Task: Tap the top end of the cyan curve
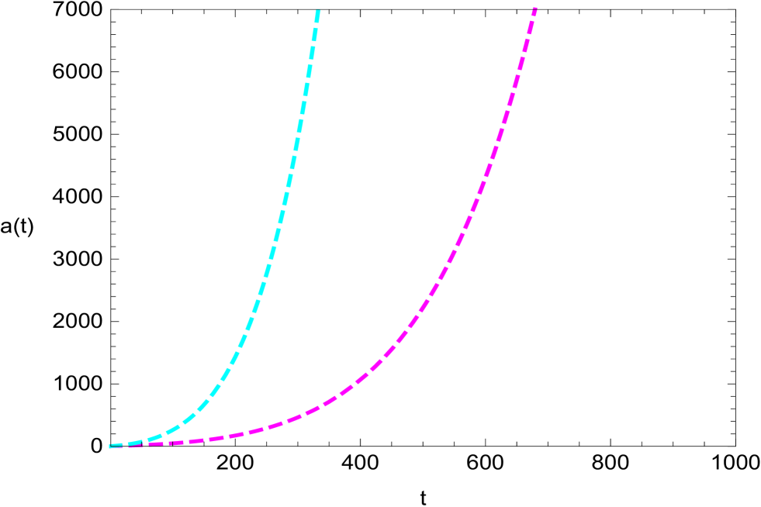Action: click(x=318, y=9)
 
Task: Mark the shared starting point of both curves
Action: click(x=110, y=447)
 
